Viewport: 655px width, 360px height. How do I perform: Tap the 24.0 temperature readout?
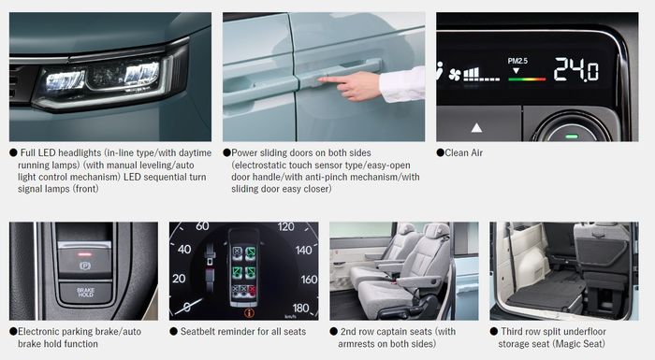[x=575, y=69]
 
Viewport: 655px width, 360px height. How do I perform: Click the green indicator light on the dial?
[x=570, y=136]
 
